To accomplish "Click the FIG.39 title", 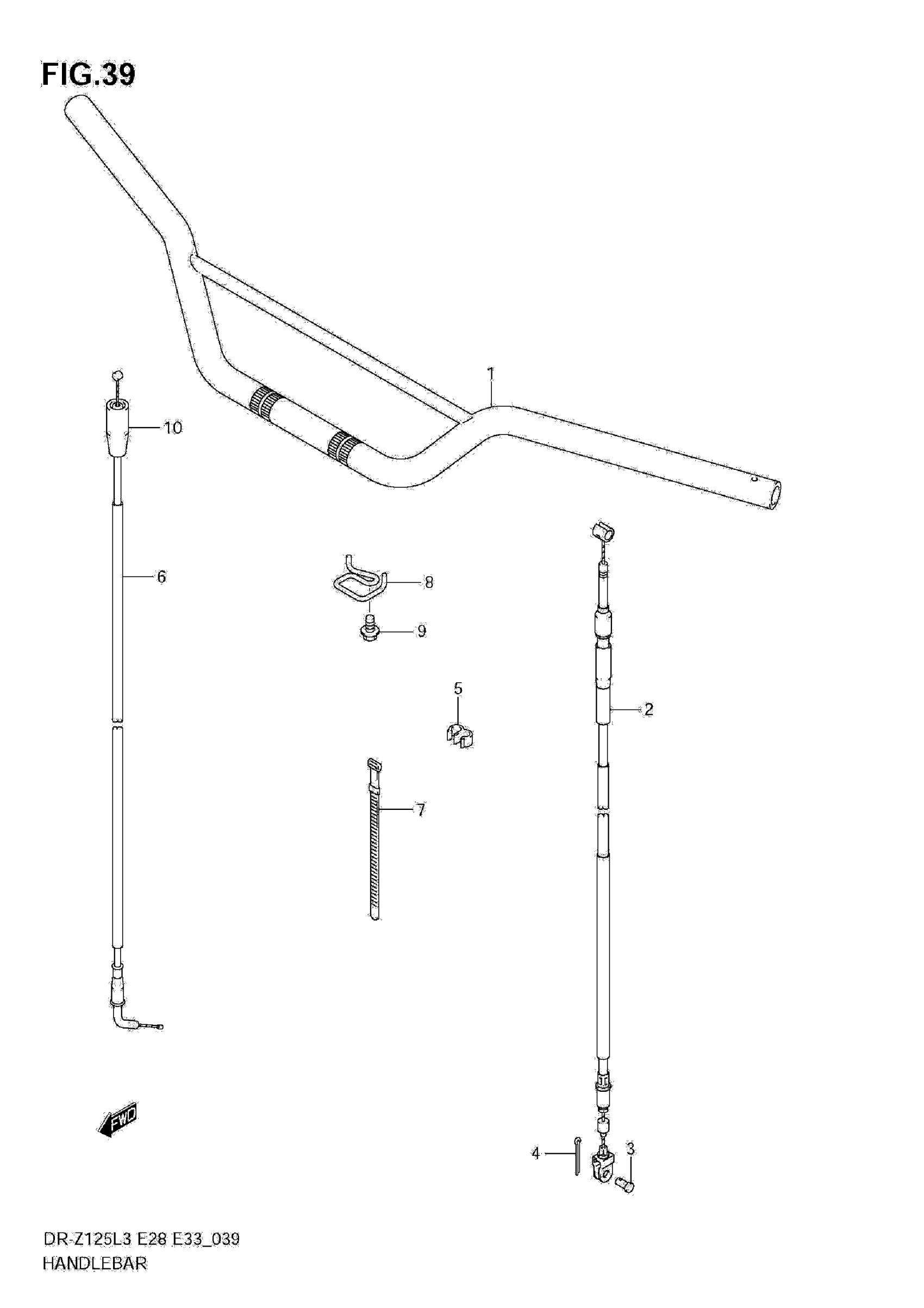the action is pos(89,74).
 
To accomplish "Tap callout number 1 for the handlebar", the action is pos(490,374).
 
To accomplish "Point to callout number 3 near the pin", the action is pos(630,1149).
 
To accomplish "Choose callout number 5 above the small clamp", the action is pos(458,689).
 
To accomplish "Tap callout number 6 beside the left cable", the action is pos(161,576).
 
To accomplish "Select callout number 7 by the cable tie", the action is pos(421,809).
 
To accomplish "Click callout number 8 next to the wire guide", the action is pos(429,582).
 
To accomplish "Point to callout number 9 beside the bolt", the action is pos(421,631).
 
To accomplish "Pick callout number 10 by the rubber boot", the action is pos(173,427).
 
